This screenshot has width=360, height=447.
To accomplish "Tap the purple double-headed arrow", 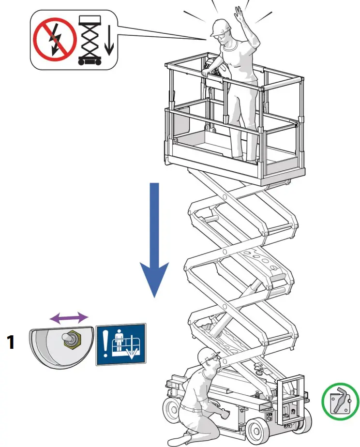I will pyautogui.click(x=70, y=317).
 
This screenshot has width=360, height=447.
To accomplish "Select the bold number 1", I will pyautogui.click(x=11, y=343).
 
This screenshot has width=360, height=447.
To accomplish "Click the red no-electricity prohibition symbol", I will pyautogui.click(x=54, y=39).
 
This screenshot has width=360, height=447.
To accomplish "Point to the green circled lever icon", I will pyautogui.click(x=341, y=399).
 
